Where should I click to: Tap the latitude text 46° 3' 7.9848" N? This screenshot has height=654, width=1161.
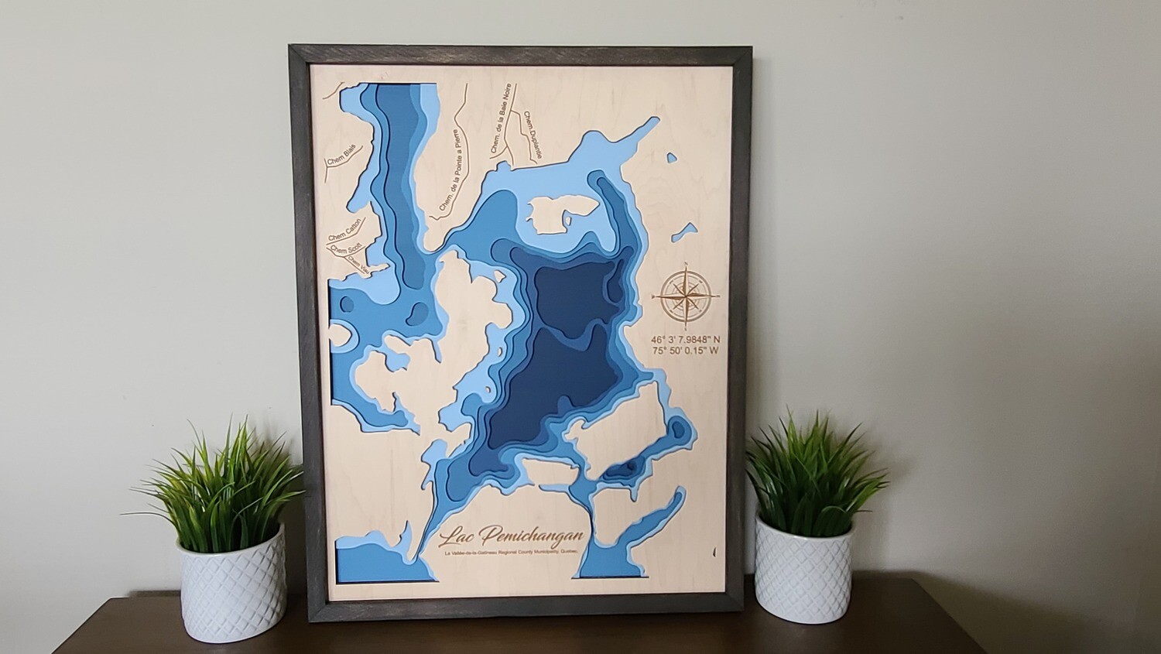click(686, 339)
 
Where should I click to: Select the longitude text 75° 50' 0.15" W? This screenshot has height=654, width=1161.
click(685, 351)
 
